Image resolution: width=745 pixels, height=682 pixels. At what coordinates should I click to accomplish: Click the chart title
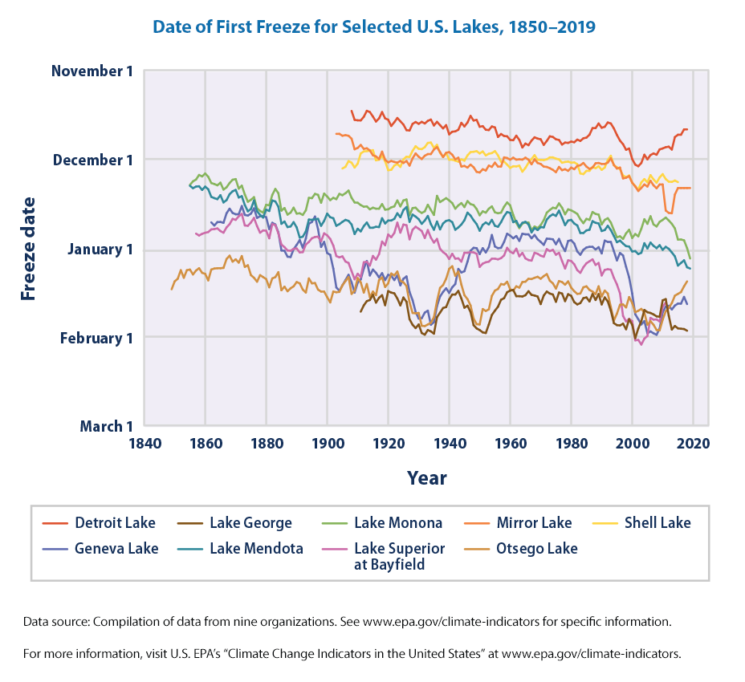[x=373, y=27]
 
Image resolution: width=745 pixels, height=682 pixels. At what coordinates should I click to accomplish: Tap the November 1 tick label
[x=92, y=71]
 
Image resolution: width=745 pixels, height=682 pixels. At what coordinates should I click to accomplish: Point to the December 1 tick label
[x=92, y=160]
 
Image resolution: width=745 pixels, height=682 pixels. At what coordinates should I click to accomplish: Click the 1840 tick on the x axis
[x=145, y=442]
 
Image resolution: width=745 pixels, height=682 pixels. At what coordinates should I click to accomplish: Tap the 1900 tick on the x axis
[x=328, y=442]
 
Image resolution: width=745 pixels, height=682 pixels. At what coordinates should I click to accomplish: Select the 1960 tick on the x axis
[x=510, y=442]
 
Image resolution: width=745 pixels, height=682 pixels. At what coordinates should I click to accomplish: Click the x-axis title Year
[x=426, y=478]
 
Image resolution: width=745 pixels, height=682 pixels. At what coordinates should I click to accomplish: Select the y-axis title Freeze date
[x=29, y=248]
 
